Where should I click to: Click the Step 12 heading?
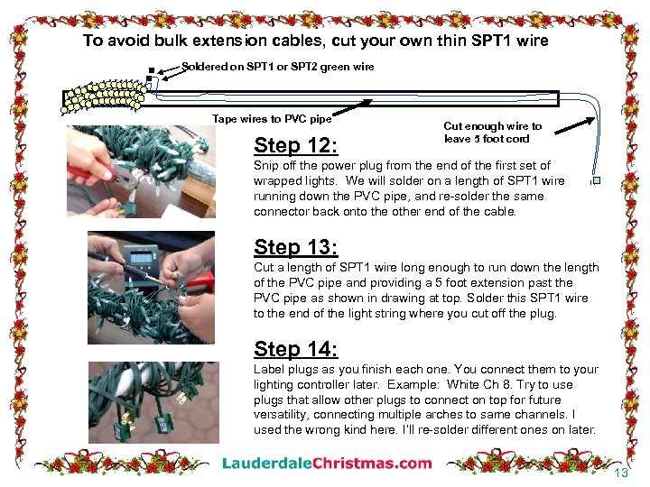pos(295,145)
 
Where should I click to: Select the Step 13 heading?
pos(295,247)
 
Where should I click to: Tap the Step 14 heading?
pos(295,349)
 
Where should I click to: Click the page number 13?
pos(621,473)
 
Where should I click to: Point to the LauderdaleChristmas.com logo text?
pos(327,463)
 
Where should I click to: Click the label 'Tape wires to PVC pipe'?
pos(272,119)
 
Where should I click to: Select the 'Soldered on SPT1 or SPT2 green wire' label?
pos(278,67)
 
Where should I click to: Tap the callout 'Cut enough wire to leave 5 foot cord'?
pos(493,132)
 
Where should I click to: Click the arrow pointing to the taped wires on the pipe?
pos(352,107)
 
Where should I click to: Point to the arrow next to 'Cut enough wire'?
pos(574,126)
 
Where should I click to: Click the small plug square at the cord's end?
pos(597,180)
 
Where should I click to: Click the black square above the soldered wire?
pos(152,70)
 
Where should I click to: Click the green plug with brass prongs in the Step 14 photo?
pos(124,425)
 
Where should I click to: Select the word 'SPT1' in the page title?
pos(491,41)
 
